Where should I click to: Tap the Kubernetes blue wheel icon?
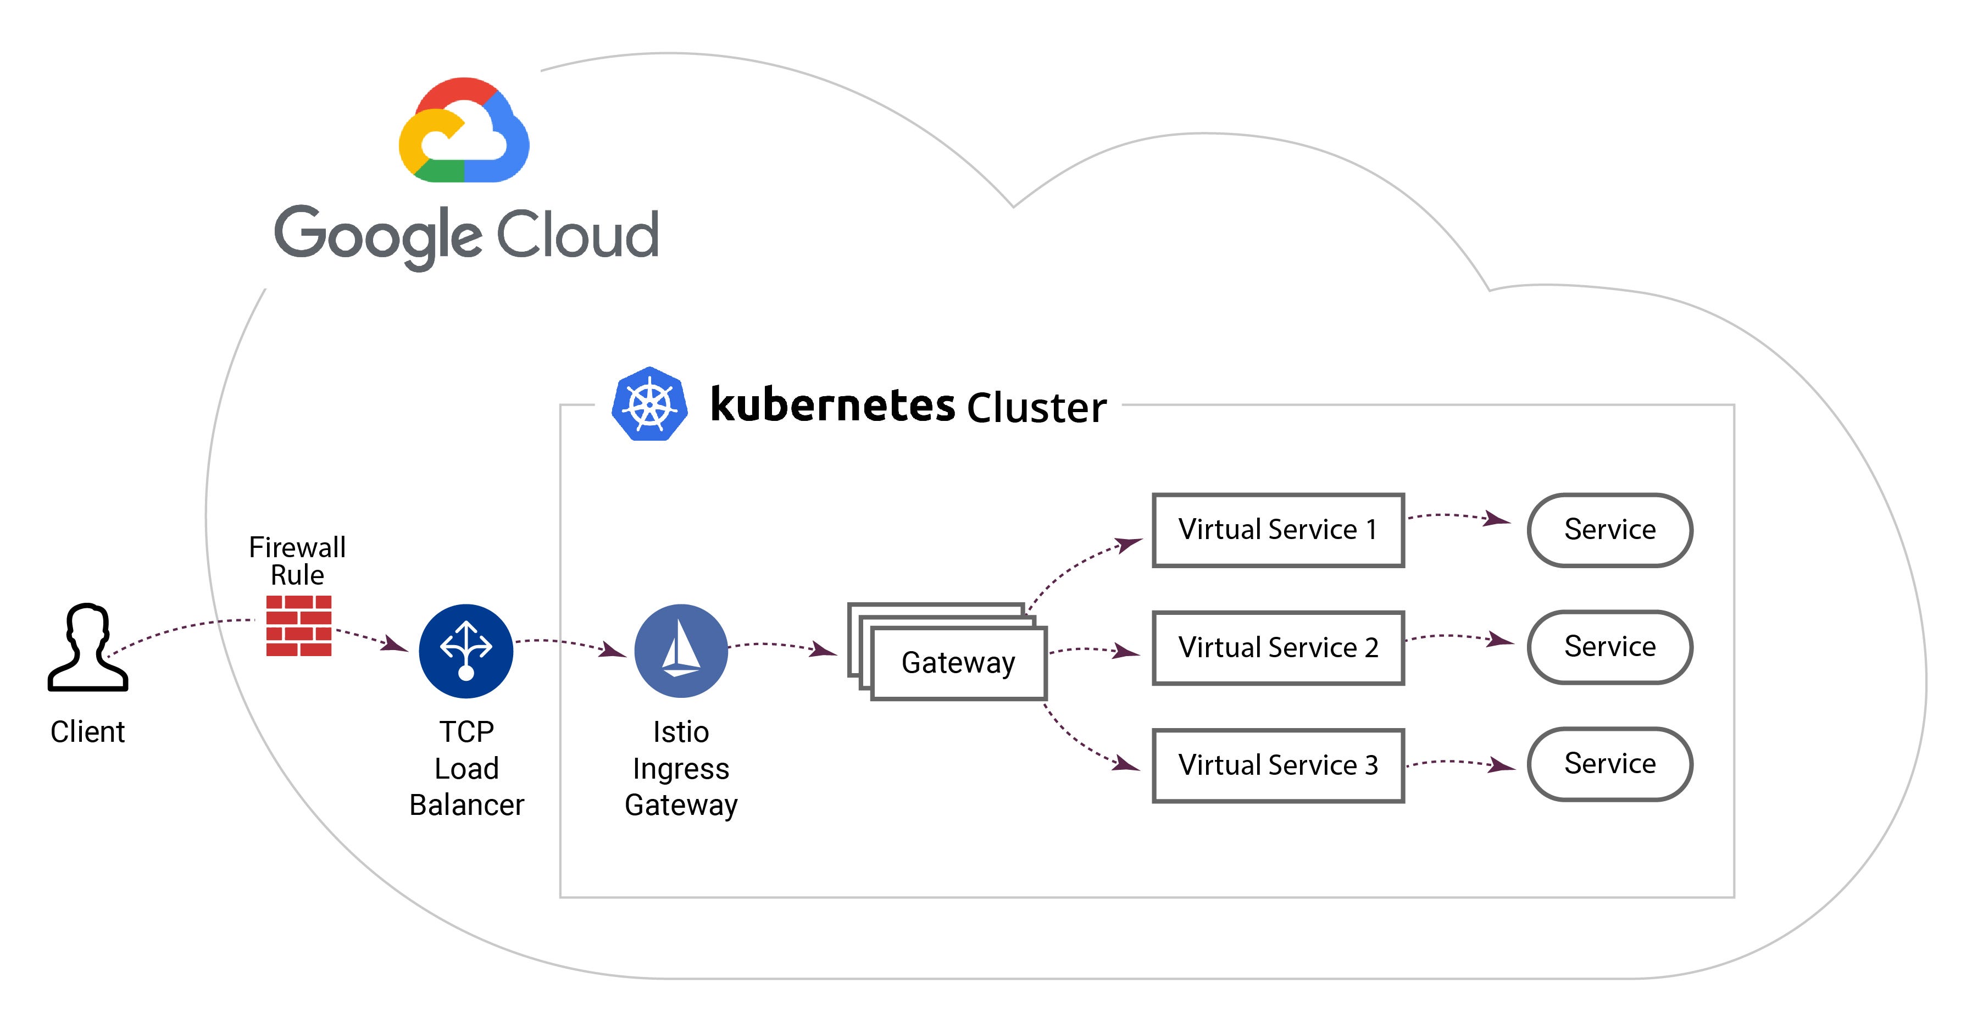click(649, 404)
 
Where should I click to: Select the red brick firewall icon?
click(298, 626)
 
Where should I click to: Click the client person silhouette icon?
click(87, 648)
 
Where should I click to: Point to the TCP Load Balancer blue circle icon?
click(465, 651)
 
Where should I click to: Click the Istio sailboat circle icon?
click(681, 651)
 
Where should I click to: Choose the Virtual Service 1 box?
click(1277, 530)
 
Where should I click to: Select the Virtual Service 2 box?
click(1277, 648)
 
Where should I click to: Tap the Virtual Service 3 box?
click(1277, 765)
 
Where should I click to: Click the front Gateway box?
click(958, 663)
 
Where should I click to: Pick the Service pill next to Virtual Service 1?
click(1609, 530)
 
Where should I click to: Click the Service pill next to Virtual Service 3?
click(1609, 764)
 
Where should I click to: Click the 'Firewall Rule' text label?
click(297, 560)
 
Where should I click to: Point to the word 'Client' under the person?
click(87, 732)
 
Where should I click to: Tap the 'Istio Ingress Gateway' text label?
click(681, 768)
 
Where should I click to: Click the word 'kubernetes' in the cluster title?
click(832, 404)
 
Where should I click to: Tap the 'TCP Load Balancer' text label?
click(466, 768)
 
